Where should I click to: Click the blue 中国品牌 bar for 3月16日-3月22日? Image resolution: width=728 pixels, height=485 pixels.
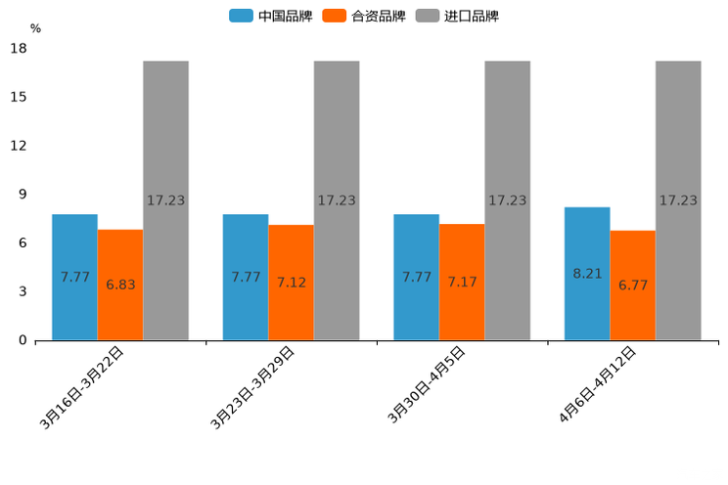coord(74,277)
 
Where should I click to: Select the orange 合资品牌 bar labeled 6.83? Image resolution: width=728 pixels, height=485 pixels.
coord(120,285)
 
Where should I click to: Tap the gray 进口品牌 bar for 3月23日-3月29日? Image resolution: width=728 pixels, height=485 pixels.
coord(337,200)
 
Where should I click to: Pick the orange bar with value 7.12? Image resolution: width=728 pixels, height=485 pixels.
coord(291,283)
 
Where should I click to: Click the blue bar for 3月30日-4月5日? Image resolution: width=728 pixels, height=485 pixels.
coord(416,277)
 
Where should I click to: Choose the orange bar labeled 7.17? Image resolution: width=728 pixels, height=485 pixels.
coord(462,282)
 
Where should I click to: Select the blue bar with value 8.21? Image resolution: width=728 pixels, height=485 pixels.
coord(587,274)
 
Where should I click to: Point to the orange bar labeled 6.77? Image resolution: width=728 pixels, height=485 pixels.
coord(633,286)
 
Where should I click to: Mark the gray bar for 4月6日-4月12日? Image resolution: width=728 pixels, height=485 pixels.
coord(678,200)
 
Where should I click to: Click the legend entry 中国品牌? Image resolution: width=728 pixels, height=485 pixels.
coord(271,16)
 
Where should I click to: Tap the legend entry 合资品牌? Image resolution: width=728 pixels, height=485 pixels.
coord(363,16)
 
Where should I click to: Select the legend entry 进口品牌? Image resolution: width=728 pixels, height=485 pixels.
coord(457,16)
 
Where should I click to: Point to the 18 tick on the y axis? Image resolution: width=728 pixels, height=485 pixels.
coord(19,48)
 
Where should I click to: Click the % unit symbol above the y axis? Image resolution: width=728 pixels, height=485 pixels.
coord(35,28)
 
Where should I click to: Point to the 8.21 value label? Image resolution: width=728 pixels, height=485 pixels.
coord(587,274)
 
